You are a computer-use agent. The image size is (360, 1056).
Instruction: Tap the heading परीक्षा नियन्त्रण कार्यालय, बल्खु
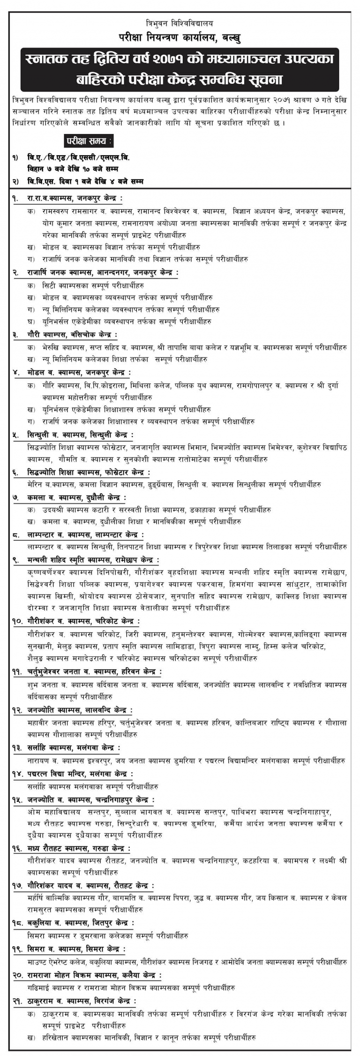click(x=180, y=36)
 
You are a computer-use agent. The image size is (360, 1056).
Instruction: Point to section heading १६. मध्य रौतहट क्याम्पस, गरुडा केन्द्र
click(x=78, y=849)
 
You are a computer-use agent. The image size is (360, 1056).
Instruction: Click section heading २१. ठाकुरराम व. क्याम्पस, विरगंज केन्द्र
click(x=80, y=1000)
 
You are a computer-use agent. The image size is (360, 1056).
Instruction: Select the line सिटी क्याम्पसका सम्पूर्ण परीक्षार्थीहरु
click(x=92, y=285)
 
